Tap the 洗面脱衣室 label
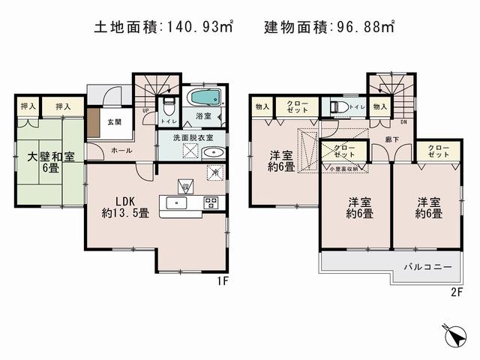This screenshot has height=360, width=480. pos(193,137)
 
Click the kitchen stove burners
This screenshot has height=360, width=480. pos(211,202)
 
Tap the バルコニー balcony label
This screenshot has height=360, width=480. pos(427,266)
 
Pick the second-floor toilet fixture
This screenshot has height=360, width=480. pos(337,107)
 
